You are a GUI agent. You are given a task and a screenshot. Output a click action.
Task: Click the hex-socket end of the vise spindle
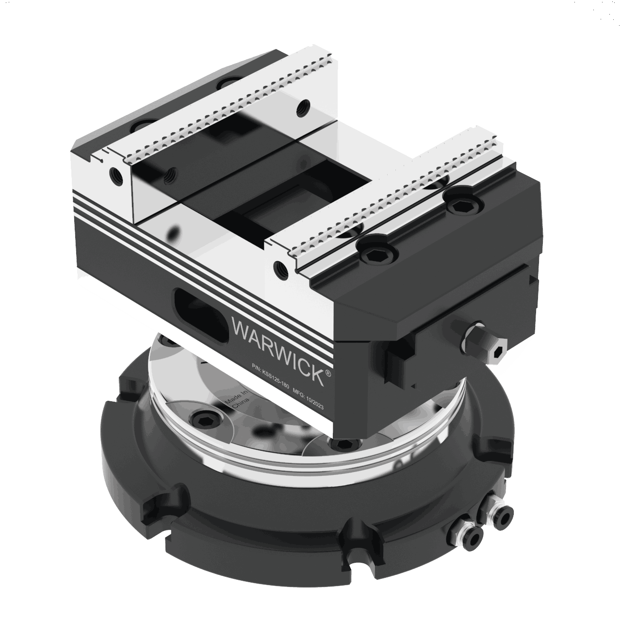click(497, 353)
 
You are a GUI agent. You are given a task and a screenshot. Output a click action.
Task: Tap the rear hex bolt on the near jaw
click(458, 205)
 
